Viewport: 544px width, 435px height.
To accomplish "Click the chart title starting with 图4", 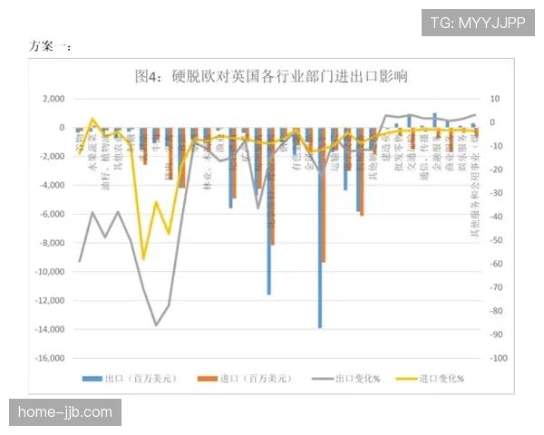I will click(270, 76).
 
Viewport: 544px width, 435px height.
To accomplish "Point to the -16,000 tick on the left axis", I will click(53, 359).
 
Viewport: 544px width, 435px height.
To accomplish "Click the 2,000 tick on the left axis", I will click(56, 99).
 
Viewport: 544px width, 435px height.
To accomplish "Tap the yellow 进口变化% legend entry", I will click(433, 379).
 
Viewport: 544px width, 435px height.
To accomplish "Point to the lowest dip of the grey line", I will click(156, 324).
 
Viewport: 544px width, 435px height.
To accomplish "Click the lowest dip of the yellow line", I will click(143, 259).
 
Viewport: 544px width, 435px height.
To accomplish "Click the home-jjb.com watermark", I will click(65, 413).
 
